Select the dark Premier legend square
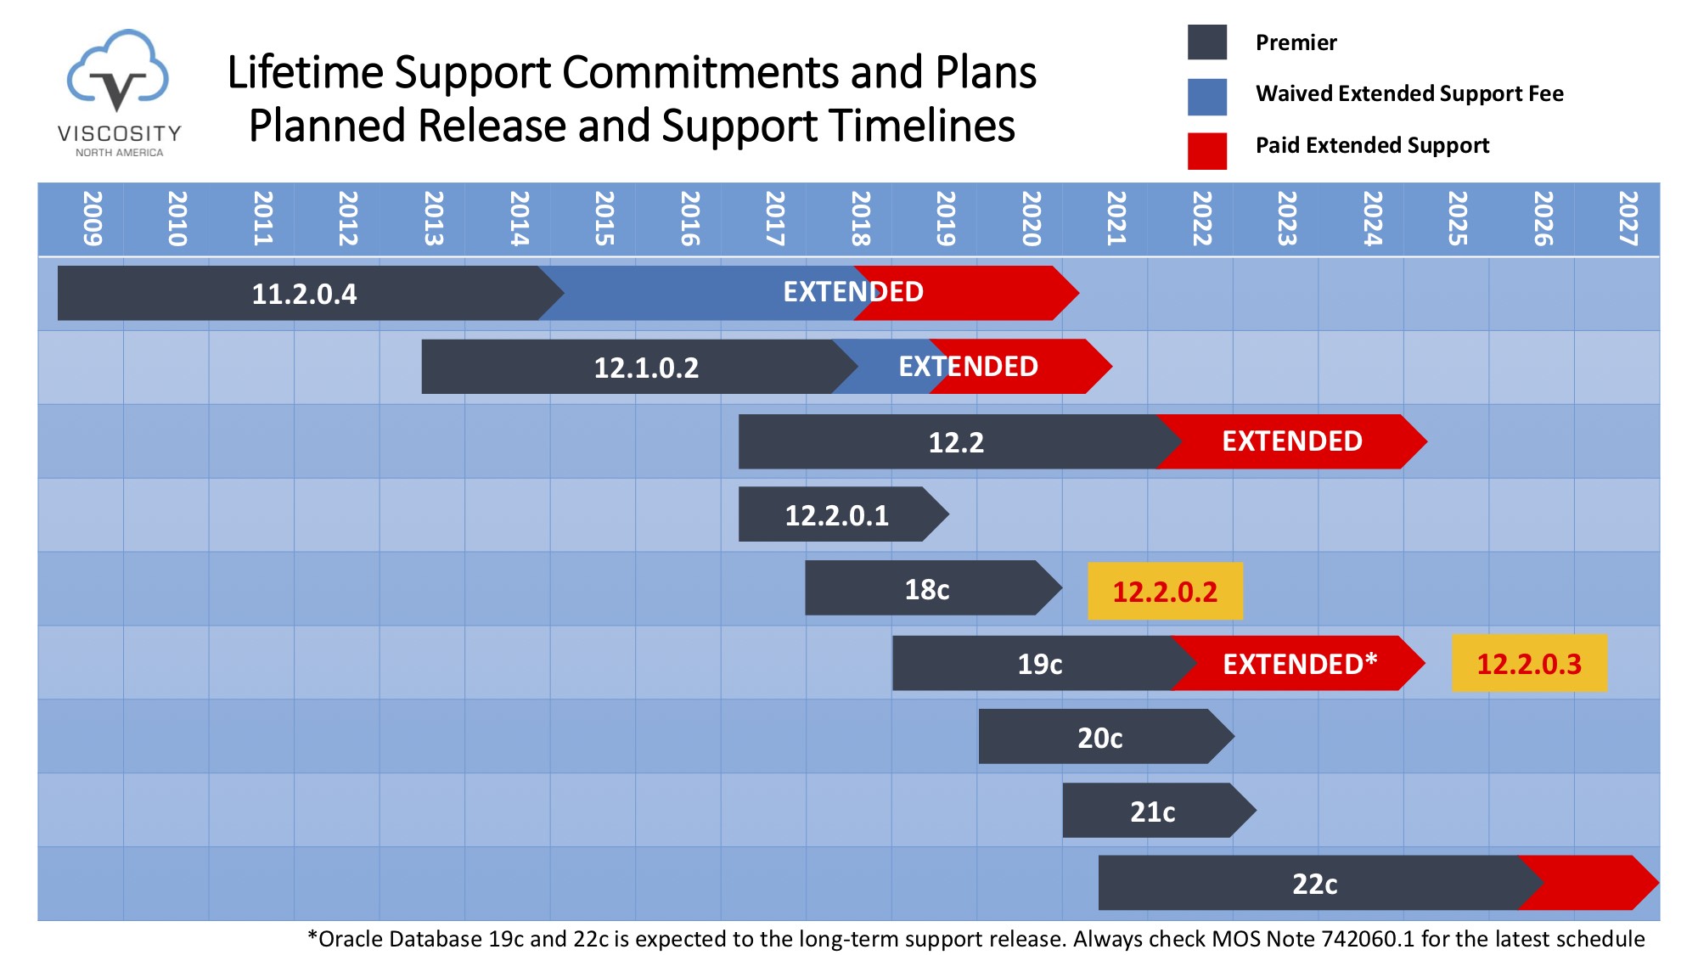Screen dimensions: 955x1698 pos(1206,42)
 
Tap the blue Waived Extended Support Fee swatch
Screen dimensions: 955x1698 pos(1206,96)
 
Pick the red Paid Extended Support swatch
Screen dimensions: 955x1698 pos(1206,150)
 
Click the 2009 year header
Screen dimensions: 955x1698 pos(92,219)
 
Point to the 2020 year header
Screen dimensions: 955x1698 pos(1031,219)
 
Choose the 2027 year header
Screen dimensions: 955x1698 pos(1627,219)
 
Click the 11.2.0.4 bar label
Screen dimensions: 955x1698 pos(304,294)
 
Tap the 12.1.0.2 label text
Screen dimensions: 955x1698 pos(646,368)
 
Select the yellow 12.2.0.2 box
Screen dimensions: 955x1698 pos(1165,591)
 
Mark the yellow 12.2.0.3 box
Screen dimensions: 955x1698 pos(1529,664)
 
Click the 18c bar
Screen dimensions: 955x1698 pos(927,588)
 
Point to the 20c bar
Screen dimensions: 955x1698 pos(1099,737)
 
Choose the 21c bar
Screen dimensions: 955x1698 pos(1152,811)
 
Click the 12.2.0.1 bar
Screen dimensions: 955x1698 pos(836,514)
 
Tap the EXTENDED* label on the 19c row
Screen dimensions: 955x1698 pos(1299,663)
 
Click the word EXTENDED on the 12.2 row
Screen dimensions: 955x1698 pos(1291,441)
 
